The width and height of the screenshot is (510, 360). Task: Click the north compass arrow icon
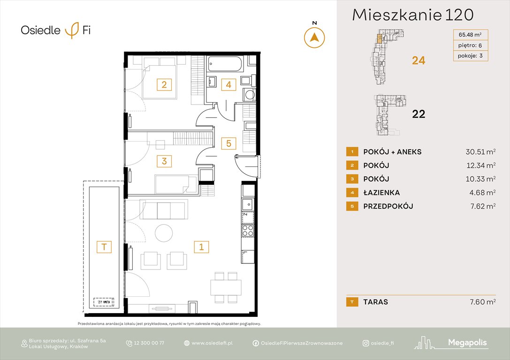click(314, 37)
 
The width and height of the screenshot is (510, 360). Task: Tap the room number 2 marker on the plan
click(164, 84)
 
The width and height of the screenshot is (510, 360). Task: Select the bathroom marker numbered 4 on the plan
click(228, 84)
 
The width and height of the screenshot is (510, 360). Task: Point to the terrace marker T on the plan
click(104, 247)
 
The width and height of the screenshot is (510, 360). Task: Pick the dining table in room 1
click(226, 287)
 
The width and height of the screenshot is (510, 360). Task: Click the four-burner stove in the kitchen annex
click(247, 230)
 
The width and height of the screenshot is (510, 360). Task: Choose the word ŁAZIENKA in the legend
click(382, 193)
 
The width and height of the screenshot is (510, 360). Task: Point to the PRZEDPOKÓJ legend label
click(388, 206)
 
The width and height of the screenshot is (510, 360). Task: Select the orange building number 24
click(418, 60)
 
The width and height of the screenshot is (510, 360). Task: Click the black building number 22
click(418, 113)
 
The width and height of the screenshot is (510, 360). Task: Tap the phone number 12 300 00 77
click(150, 343)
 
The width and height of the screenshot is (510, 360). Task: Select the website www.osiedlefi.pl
click(213, 343)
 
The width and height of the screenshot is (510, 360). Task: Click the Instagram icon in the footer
click(365, 343)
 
